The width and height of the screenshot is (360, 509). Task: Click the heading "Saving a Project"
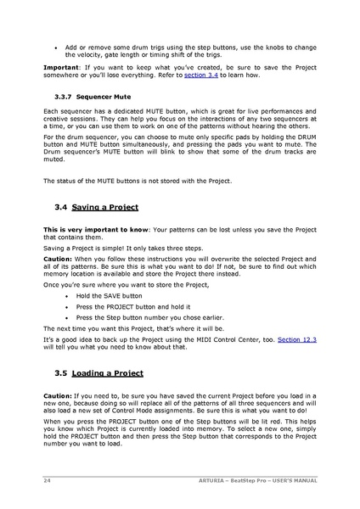coord(105,207)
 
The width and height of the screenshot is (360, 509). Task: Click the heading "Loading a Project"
coord(108,373)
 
